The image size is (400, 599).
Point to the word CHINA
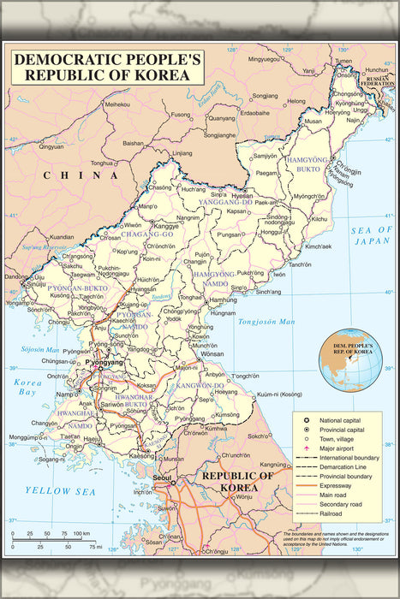(63, 175)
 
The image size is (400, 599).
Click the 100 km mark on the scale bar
(82, 534)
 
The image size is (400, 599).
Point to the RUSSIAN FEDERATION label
(378, 81)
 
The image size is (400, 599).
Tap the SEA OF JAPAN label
(370, 235)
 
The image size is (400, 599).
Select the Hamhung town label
(223, 301)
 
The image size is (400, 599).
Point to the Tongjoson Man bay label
(266, 323)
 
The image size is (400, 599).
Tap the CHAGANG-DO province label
(136, 233)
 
